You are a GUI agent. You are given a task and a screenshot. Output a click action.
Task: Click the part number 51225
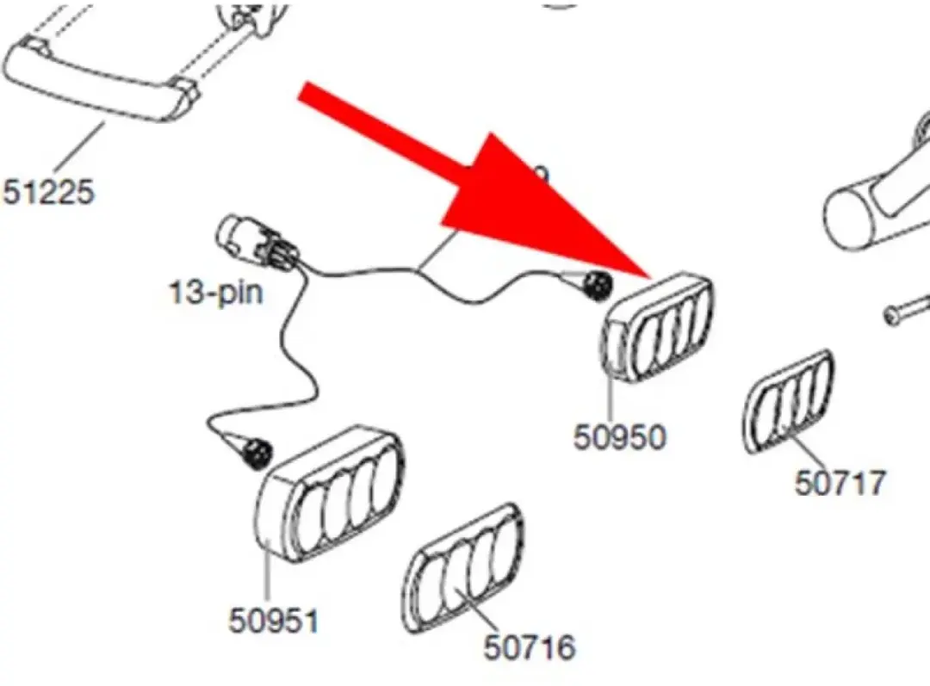pos(48,192)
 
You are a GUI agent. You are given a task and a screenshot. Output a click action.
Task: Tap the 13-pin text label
pos(216,293)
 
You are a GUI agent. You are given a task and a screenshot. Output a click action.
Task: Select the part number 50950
pos(620,437)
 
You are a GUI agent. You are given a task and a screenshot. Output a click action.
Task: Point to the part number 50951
pos(274,621)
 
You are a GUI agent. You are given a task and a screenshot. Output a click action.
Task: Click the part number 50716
pos(530,647)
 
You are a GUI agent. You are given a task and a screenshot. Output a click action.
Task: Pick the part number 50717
pos(840,482)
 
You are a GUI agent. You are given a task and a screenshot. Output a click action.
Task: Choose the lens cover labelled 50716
pos(462,568)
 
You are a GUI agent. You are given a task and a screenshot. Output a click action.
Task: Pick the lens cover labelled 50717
pos(789,401)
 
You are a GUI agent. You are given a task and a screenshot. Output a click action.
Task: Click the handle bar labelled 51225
pos(98,79)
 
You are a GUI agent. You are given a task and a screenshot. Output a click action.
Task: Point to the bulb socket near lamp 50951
pos(257,454)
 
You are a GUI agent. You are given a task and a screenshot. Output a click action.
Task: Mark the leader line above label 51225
pos(80,148)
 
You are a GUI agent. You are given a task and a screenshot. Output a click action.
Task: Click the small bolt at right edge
pos(906,309)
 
